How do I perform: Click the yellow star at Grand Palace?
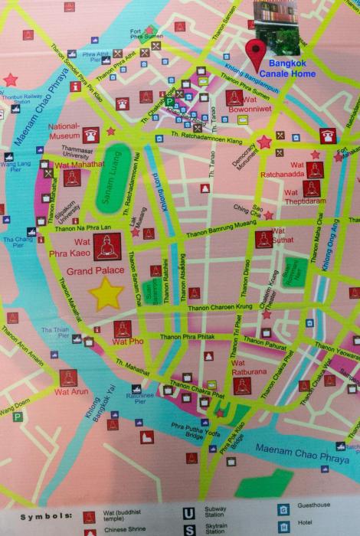pos(106,293)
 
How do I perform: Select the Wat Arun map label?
pos(71,391)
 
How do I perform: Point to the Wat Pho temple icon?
pos(123,329)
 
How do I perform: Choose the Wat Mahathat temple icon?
pos(71,179)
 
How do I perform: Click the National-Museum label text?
pos(64,131)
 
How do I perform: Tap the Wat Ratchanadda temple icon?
pos(314,169)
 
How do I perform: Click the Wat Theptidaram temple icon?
pos(311,188)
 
